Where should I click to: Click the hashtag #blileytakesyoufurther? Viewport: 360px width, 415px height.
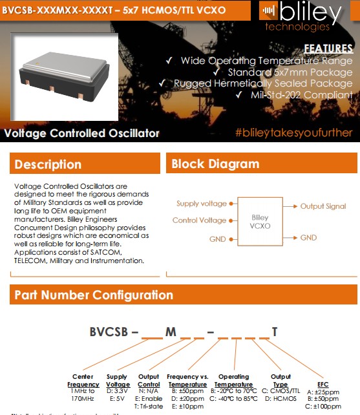click(x=294, y=133)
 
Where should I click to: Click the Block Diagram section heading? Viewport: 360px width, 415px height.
click(x=215, y=164)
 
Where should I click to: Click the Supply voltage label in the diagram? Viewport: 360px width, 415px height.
click(x=201, y=204)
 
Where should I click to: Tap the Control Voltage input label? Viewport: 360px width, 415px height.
click(x=199, y=220)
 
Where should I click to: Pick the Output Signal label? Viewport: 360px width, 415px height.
click(x=323, y=206)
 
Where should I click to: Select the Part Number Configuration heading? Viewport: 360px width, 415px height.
click(x=94, y=295)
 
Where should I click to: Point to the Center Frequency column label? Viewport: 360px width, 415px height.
click(x=83, y=380)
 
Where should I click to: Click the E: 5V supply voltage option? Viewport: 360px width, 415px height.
click(x=116, y=399)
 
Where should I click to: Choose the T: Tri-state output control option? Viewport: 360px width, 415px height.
click(x=149, y=407)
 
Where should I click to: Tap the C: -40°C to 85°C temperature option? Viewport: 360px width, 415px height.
click(x=233, y=399)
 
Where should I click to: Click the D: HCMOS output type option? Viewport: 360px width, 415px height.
click(x=281, y=399)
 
